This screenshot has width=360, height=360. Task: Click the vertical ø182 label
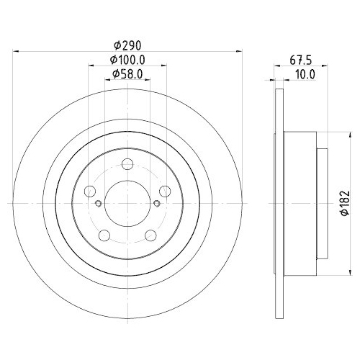point(344,204)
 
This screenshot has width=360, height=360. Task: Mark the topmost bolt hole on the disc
point(127,163)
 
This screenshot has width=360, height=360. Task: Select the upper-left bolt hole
point(90,191)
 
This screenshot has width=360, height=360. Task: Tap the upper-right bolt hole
point(165,191)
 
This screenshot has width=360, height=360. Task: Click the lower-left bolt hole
point(104,235)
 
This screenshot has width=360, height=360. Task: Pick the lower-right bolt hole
point(150,235)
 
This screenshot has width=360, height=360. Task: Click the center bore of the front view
point(127,202)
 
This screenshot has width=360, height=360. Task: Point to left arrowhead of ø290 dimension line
point(17,51)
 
